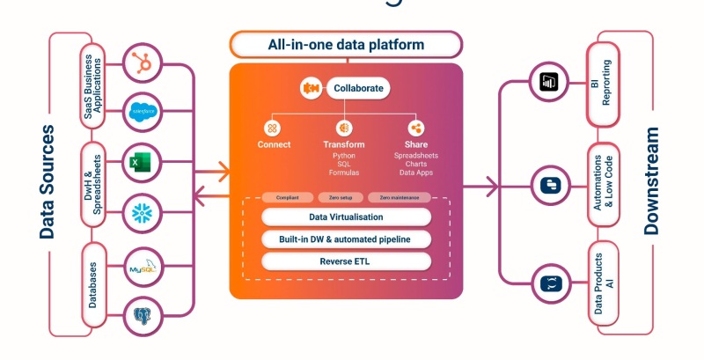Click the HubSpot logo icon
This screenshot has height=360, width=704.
142,64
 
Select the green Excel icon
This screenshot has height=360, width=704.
142,162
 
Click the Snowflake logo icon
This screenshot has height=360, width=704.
142,212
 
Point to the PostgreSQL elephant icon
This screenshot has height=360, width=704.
142,314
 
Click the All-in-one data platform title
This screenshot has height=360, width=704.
346,44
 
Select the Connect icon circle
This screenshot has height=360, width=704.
274,128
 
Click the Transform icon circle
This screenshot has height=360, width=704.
344,128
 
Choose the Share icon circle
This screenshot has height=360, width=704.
415,128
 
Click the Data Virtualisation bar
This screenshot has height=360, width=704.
346,217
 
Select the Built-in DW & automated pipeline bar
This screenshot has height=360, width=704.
346,239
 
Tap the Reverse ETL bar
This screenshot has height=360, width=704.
346,261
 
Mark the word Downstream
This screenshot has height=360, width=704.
652,180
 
